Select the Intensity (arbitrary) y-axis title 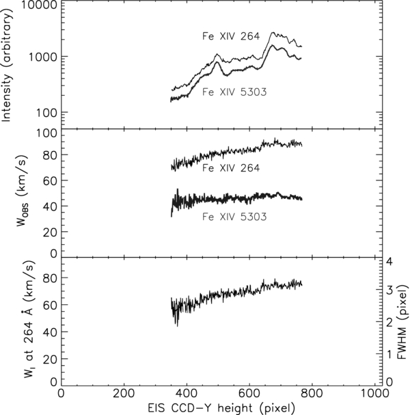click(x=9, y=65)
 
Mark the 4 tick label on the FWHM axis click(x=388, y=262)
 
